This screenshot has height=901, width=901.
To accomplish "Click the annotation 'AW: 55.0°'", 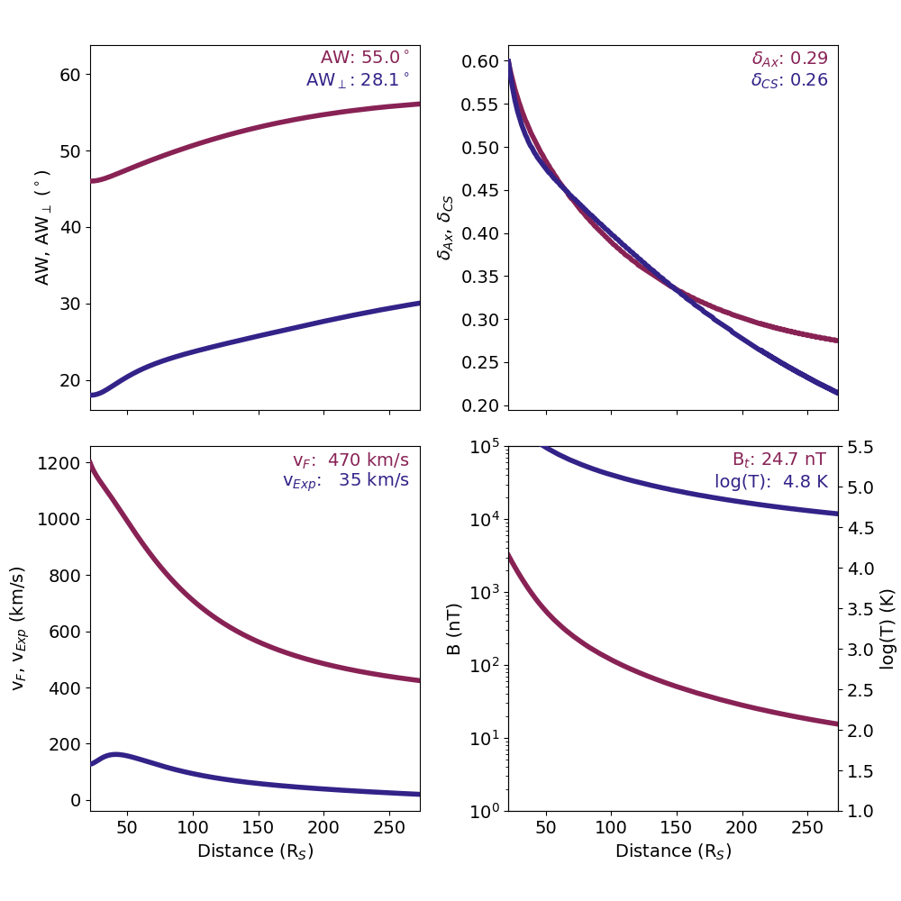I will pyautogui.click(x=364, y=58).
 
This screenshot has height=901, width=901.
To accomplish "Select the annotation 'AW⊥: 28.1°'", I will pyautogui.click(x=357, y=80).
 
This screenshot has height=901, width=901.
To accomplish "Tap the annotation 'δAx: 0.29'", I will pyautogui.click(x=789, y=59).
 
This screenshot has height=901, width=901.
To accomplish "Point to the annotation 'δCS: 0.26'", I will pyautogui.click(x=789, y=80).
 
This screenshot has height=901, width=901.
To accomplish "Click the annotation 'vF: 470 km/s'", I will pyautogui.click(x=350, y=460).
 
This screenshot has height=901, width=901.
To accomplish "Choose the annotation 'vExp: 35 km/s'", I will pyautogui.click(x=346, y=480).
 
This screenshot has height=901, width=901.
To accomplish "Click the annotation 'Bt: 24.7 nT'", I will pyautogui.click(x=778, y=460).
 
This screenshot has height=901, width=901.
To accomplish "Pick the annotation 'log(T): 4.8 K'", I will pyautogui.click(x=769, y=481).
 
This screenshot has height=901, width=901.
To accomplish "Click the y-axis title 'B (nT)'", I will pyautogui.click(x=455, y=629).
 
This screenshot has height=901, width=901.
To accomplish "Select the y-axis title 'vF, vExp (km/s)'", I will pyautogui.click(x=19, y=629).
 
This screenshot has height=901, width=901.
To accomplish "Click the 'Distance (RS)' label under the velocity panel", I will pyautogui.click(x=255, y=851).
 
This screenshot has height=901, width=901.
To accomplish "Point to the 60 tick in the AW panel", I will pyautogui.click(x=70, y=74).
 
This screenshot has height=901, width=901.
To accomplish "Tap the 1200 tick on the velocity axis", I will pyautogui.click(x=61, y=463).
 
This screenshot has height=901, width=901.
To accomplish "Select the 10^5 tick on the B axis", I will pyautogui.click(x=486, y=447).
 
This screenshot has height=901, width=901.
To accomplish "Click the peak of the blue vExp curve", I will pyautogui.click(x=115, y=754).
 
